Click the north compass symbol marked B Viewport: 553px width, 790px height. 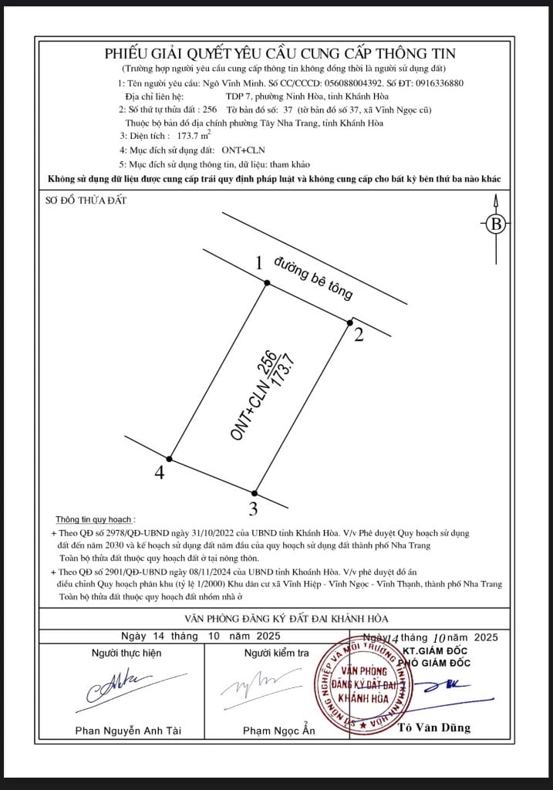(496, 224)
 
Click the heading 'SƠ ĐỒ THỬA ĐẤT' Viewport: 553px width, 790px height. (86, 201)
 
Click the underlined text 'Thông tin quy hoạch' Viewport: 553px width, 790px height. (93, 519)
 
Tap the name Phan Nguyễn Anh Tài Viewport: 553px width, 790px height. (128, 731)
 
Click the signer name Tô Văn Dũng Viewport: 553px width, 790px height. (434, 728)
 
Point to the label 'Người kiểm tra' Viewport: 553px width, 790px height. (277, 653)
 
